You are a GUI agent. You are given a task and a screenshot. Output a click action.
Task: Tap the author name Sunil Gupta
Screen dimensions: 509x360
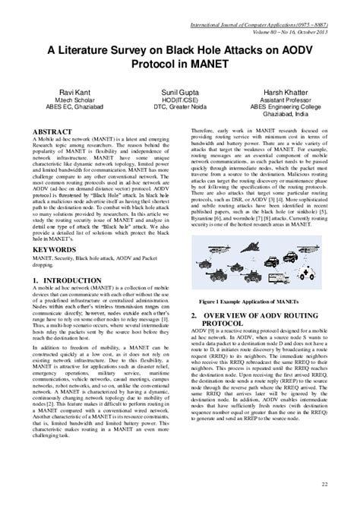pos(180,91)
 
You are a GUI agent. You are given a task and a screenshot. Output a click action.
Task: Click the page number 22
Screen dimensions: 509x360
pos(324,484)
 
